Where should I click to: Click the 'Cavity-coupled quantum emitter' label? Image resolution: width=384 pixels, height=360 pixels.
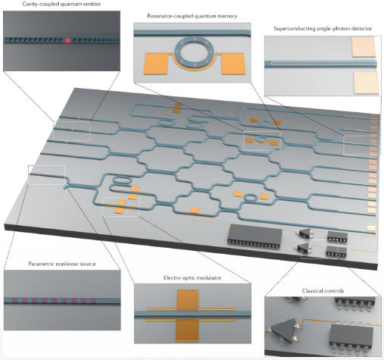coord(61,4)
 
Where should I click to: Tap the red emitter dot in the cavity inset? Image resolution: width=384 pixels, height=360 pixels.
coord(67,40)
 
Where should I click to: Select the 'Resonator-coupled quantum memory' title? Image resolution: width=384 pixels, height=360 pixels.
coord(192,16)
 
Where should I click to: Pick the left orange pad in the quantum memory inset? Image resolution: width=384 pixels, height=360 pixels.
coord(156,64)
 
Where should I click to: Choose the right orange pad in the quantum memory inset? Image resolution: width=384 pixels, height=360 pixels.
coord(233,64)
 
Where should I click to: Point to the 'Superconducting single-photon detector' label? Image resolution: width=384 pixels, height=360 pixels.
coord(323,29)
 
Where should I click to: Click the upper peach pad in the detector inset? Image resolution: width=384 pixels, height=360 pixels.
coord(363,47)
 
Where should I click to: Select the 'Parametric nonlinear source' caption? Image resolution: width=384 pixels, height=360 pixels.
coord(62,264)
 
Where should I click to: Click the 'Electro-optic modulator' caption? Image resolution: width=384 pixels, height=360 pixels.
coord(192,278)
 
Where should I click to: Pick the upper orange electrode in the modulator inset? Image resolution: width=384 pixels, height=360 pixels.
coord(188,300)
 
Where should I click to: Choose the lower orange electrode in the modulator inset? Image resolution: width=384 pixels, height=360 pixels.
coord(187,330)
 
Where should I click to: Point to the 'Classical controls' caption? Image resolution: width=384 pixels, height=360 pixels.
coord(323,291)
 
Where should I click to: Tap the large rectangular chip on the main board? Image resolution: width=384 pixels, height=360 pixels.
coord(254,235)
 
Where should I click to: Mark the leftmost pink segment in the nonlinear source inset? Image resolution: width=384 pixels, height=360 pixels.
coord(14,301)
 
